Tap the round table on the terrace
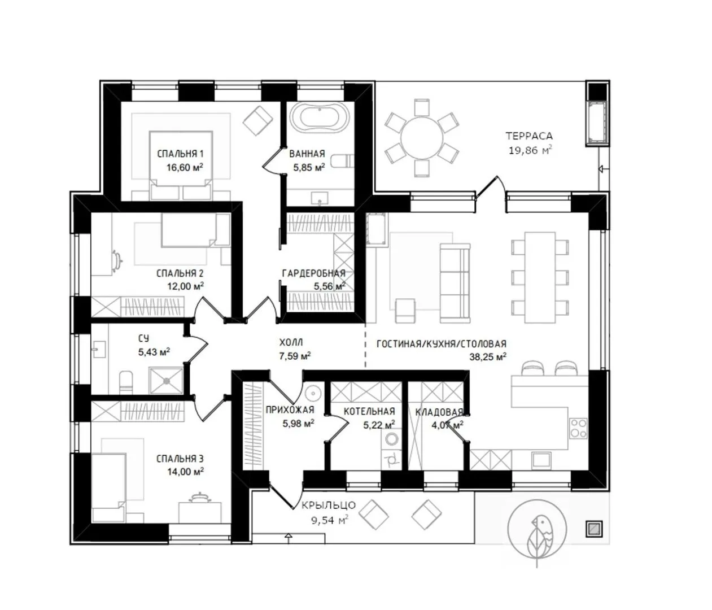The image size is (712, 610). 422,138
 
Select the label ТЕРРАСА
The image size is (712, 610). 529,136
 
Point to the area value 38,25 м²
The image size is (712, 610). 488,357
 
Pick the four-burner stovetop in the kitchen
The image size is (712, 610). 578,428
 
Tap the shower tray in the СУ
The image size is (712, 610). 166,381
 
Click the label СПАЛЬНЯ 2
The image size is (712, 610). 180,273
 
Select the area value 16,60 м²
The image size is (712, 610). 185,168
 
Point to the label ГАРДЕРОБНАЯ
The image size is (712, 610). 314,273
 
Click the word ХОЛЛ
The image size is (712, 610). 291,342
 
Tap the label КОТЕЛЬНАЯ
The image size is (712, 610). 369,411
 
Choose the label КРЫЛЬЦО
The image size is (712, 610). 329,506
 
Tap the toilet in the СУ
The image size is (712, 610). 126,382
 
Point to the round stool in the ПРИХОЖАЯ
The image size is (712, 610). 313,393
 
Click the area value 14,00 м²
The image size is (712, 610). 185,472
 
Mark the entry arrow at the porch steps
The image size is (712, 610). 289,537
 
